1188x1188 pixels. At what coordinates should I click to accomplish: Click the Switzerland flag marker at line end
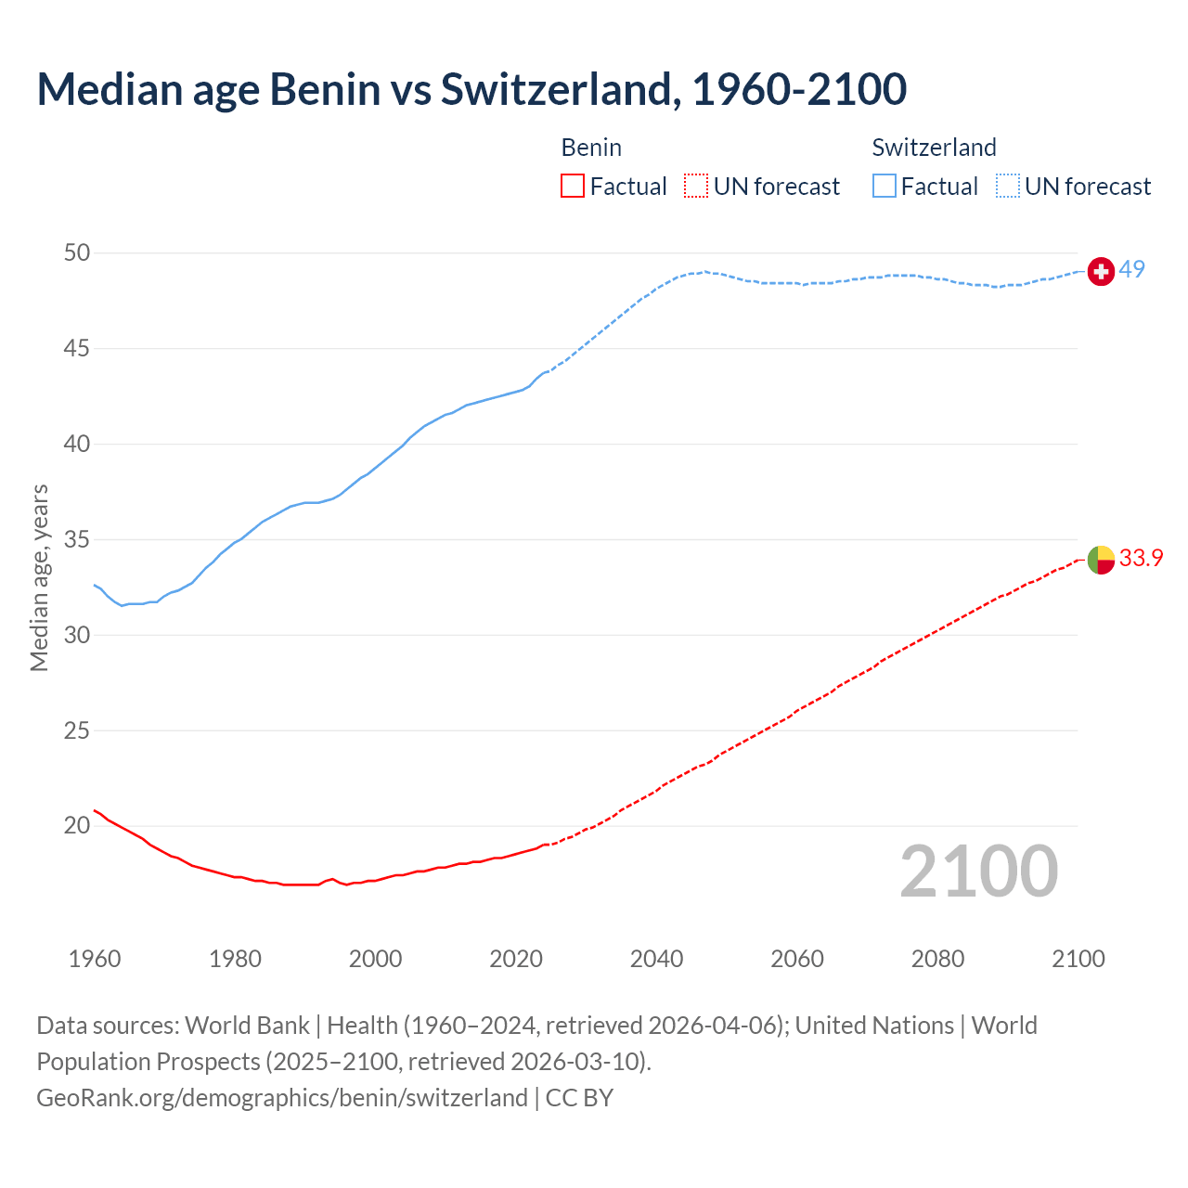tap(1101, 271)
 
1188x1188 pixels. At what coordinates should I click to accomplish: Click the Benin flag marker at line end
tap(1101, 560)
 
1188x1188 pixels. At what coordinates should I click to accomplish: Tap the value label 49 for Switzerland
tap(1131, 269)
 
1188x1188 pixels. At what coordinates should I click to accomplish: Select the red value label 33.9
tap(1141, 558)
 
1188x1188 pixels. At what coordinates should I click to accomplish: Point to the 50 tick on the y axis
tap(78, 252)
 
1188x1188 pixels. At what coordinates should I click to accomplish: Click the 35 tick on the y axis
tap(78, 539)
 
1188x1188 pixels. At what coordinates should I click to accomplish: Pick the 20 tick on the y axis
tap(78, 825)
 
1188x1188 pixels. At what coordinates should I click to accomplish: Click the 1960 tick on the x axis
tap(95, 959)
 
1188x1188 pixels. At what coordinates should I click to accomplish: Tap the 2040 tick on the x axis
tap(657, 959)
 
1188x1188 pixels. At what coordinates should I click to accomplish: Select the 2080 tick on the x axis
tap(937, 959)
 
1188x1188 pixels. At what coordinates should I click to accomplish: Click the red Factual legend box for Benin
tap(573, 187)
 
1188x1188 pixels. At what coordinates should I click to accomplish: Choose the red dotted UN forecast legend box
tap(696, 187)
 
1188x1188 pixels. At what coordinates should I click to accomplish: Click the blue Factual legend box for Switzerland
tap(885, 187)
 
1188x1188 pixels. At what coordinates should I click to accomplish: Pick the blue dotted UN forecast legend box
tap(1008, 187)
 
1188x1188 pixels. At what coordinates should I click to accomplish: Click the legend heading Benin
tap(591, 148)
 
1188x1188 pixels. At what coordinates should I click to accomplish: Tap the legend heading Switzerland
tap(934, 148)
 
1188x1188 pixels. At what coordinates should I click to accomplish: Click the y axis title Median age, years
tap(39, 577)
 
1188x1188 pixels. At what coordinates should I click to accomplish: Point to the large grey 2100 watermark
tap(979, 871)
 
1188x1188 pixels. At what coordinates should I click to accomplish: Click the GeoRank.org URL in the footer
tap(281, 1098)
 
